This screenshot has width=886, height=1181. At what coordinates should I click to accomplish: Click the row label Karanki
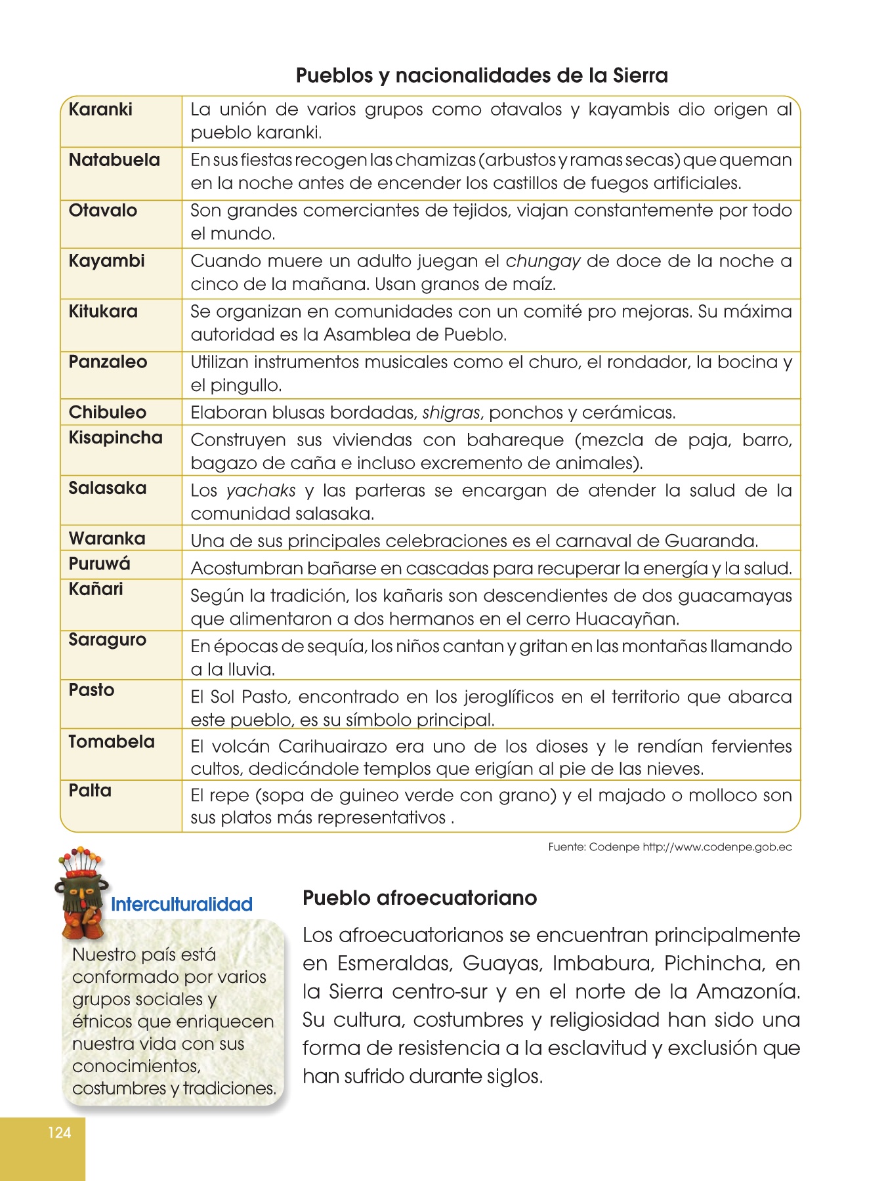click(x=100, y=110)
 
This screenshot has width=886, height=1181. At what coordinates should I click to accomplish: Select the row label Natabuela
click(x=114, y=160)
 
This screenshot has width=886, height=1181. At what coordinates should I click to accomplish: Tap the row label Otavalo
click(x=103, y=211)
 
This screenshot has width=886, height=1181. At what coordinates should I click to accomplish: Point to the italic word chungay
click(x=543, y=262)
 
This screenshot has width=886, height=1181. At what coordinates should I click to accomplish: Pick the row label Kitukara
click(x=103, y=312)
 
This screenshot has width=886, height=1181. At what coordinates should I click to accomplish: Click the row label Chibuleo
click(x=108, y=413)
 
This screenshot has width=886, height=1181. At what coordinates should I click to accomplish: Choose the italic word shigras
click(x=452, y=413)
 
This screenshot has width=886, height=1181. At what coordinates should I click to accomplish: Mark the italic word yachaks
click(x=261, y=491)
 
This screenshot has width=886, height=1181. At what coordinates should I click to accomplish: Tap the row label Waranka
click(x=107, y=539)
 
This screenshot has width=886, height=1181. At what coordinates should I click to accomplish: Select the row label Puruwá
click(x=100, y=564)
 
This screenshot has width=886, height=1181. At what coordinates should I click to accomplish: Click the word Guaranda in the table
click(x=710, y=541)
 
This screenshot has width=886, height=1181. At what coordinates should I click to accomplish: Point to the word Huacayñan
click(x=627, y=619)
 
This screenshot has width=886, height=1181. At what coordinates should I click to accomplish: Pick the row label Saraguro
click(x=108, y=640)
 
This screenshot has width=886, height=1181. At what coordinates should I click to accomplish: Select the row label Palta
click(x=90, y=791)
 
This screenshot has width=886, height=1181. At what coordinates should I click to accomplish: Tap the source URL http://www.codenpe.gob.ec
click(x=717, y=847)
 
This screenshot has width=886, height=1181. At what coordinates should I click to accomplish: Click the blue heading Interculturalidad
click(x=182, y=905)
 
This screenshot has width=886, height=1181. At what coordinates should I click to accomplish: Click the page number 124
click(x=59, y=1132)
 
